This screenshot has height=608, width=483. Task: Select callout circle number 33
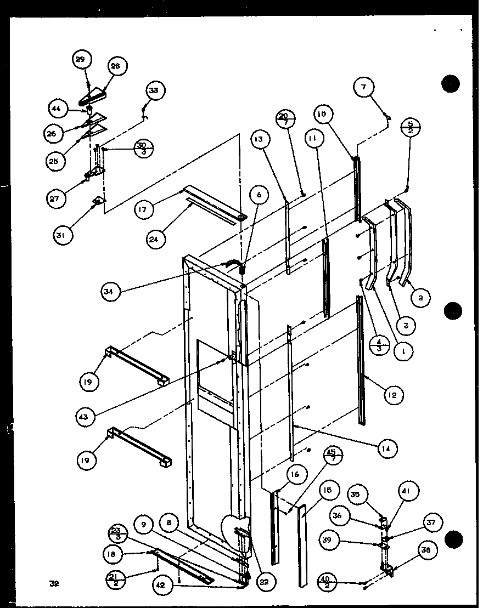(154, 91)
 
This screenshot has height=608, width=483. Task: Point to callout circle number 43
(84, 417)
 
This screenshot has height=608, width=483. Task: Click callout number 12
(394, 394)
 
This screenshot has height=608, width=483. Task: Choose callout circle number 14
(387, 448)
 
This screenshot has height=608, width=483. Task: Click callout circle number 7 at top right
(366, 87)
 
